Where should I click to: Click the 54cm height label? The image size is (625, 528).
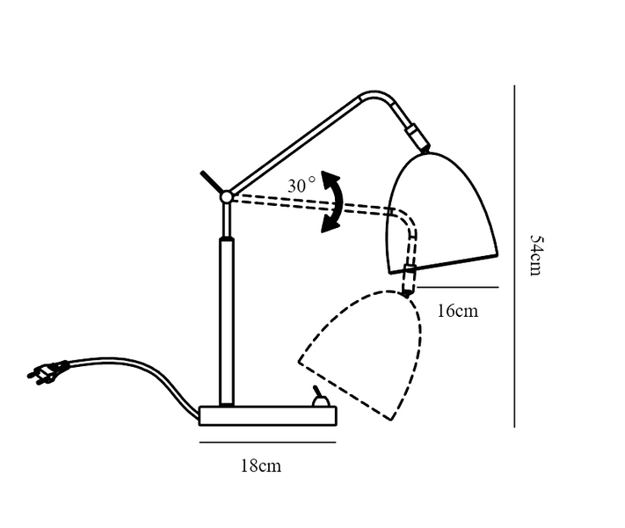coord(535,255)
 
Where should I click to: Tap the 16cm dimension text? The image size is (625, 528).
coord(458,311)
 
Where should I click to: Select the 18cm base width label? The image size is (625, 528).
coord(261,466)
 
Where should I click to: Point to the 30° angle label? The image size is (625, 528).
coord(302,186)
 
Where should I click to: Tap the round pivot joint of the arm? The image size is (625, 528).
coord(227,197)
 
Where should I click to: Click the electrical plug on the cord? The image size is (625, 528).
coord(47,371)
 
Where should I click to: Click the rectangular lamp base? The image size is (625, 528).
coord(268,416)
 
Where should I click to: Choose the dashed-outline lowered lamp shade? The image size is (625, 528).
coord(360,356)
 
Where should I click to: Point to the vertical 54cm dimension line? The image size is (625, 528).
coord(514,256)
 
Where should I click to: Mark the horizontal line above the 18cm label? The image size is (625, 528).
coord(267,442)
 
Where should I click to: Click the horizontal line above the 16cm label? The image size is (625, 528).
coord(458,287)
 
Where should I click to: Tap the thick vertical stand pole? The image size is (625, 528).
coord(227,321)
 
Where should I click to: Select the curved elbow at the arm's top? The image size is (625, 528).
coord(377,97)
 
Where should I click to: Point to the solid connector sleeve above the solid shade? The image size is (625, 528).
coord(418,138)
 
